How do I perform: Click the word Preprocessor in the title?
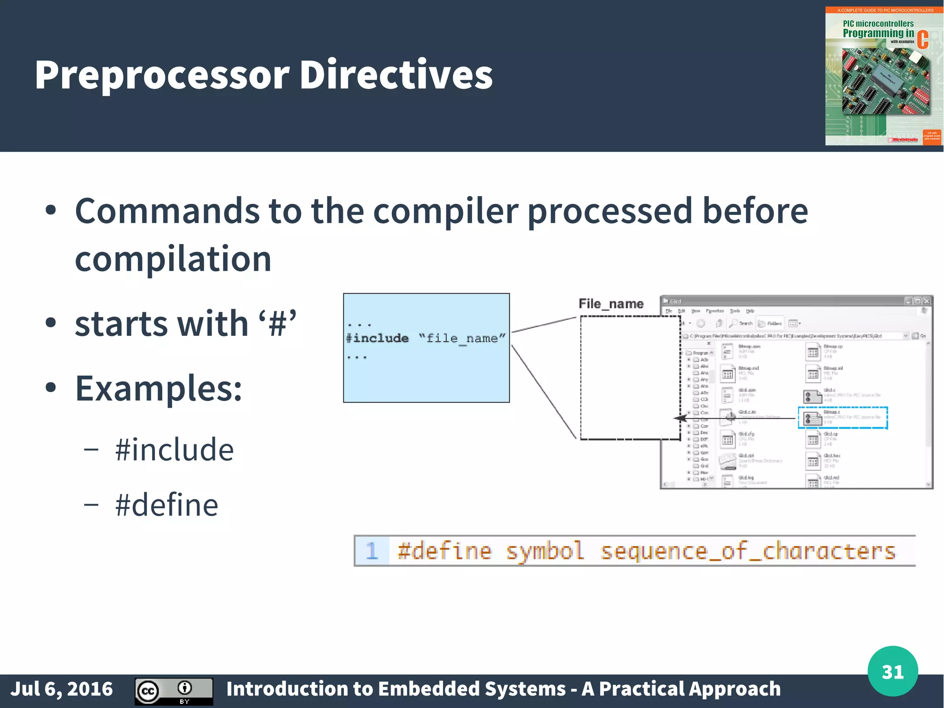point(161,75)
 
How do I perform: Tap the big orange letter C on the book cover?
point(922,40)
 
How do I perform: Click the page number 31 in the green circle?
point(892,672)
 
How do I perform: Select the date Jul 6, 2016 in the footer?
point(61,689)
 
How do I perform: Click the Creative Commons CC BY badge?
point(174,691)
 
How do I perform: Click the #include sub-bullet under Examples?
point(174,449)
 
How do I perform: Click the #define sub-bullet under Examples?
point(166,505)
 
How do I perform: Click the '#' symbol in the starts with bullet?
point(277,324)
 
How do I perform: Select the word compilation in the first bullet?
point(173,258)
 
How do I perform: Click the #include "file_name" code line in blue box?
point(425,338)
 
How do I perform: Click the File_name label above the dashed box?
point(611,303)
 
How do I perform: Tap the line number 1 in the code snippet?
point(372,551)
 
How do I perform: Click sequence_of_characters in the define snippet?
point(748,551)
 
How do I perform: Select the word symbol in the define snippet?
point(545,551)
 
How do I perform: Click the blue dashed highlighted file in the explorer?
point(843,418)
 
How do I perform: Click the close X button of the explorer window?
point(926,301)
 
